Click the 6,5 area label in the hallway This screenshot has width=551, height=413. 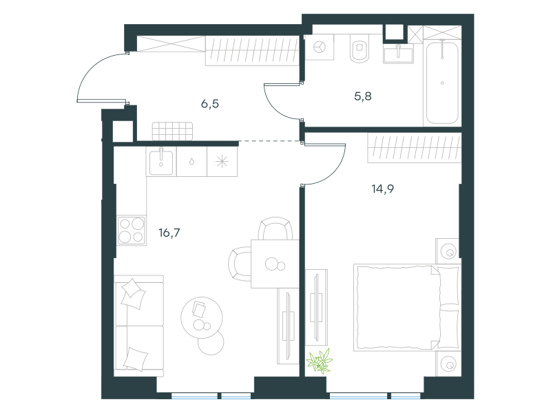[210, 104]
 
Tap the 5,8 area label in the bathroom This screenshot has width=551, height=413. [363, 96]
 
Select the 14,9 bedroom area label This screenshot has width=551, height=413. [383, 189]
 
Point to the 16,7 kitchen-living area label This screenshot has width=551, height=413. [169, 233]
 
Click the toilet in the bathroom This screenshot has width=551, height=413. [360, 48]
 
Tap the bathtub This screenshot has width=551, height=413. [442, 83]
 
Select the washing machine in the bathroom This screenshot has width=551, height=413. [320, 47]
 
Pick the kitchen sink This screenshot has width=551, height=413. [161, 162]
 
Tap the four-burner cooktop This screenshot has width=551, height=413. [132, 230]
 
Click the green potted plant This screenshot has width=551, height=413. [320, 361]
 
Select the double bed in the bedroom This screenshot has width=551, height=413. [408, 308]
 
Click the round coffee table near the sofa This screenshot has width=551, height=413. [202, 317]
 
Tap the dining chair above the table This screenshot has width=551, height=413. [275, 229]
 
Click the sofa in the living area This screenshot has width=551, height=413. [139, 326]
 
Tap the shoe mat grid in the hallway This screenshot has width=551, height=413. [172, 131]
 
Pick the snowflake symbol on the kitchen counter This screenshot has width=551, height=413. [222, 162]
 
